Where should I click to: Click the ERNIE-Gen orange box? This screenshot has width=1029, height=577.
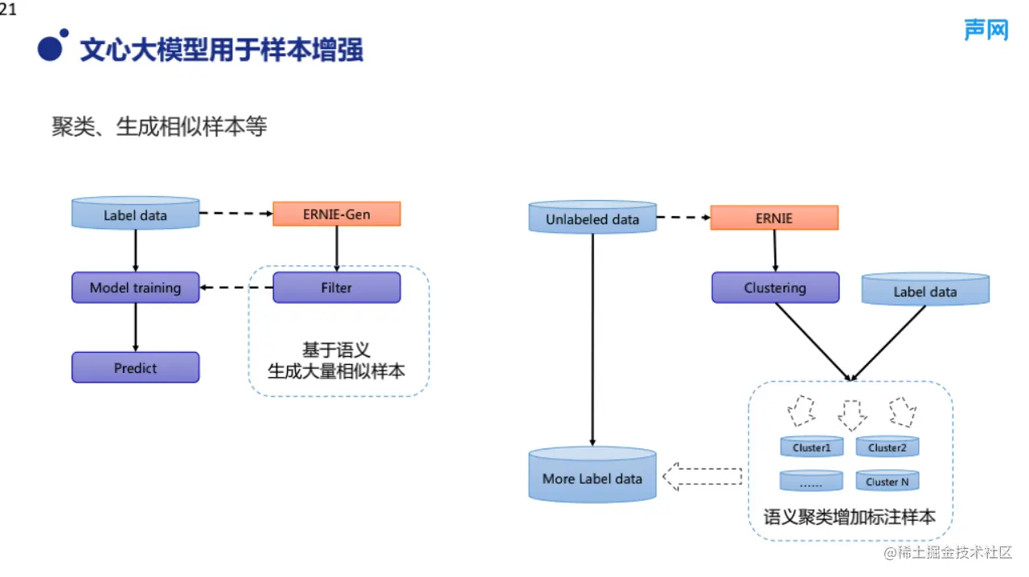336,214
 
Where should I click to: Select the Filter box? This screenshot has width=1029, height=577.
336,288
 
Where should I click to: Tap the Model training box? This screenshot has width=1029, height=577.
135,288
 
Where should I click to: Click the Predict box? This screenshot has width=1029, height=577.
135,368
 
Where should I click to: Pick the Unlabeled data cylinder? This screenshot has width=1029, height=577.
592,218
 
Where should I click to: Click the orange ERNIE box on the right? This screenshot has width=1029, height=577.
774,218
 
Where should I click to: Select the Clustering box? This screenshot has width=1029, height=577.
775,288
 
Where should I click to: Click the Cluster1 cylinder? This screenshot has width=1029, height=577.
811,447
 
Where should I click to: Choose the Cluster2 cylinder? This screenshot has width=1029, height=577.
887,447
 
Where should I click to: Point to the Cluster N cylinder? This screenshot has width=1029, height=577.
887,481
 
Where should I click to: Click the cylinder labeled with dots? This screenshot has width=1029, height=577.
811,481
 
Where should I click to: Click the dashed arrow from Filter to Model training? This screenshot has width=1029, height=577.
236,288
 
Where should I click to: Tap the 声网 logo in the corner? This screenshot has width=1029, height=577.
986,31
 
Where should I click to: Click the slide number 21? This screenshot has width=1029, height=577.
8,10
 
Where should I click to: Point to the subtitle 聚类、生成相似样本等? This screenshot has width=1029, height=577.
159,127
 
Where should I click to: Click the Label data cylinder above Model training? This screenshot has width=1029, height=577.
135,214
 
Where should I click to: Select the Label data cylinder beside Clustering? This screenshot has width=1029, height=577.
925,290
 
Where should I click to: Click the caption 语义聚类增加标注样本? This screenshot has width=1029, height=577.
850,517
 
